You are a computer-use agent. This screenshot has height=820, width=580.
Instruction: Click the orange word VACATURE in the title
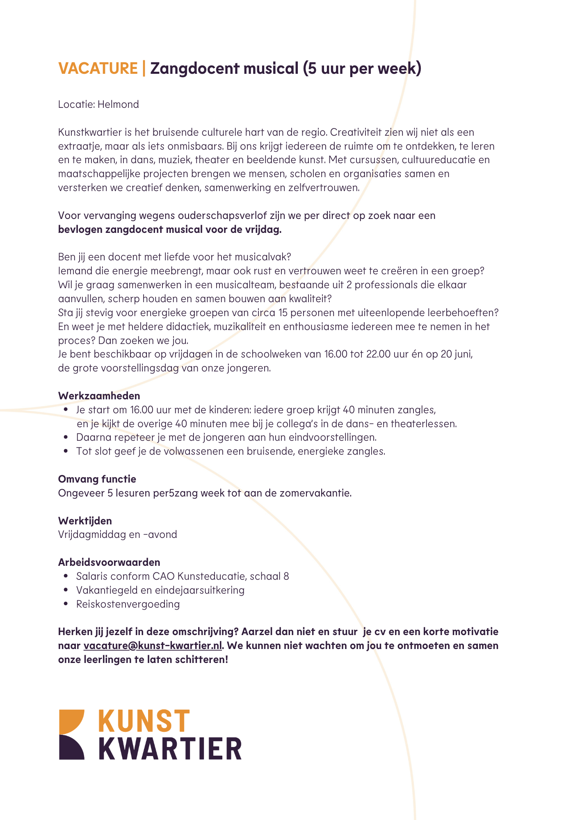pos(98,68)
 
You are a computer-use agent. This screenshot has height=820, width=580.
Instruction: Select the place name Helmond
pos(118,105)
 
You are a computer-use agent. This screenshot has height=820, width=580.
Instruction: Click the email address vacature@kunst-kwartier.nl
pos(153,646)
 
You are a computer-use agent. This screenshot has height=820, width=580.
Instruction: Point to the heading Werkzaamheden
pos(99,396)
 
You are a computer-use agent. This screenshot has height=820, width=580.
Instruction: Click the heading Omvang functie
pos(97,479)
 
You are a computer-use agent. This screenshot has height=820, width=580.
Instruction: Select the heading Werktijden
pos(85,521)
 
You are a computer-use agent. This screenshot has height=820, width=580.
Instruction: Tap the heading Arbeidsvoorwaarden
pos(109,563)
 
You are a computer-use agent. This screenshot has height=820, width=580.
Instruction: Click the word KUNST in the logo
pos(144,722)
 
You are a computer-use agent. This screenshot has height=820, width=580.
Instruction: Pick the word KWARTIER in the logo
pos(170,749)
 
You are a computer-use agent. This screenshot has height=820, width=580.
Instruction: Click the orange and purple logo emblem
pos(72,735)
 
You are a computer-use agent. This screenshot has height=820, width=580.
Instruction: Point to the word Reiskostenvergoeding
pos(128,604)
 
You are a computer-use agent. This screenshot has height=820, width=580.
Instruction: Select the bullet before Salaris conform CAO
pos(66,576)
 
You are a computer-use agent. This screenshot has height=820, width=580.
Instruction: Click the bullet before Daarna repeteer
pos(66,437)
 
